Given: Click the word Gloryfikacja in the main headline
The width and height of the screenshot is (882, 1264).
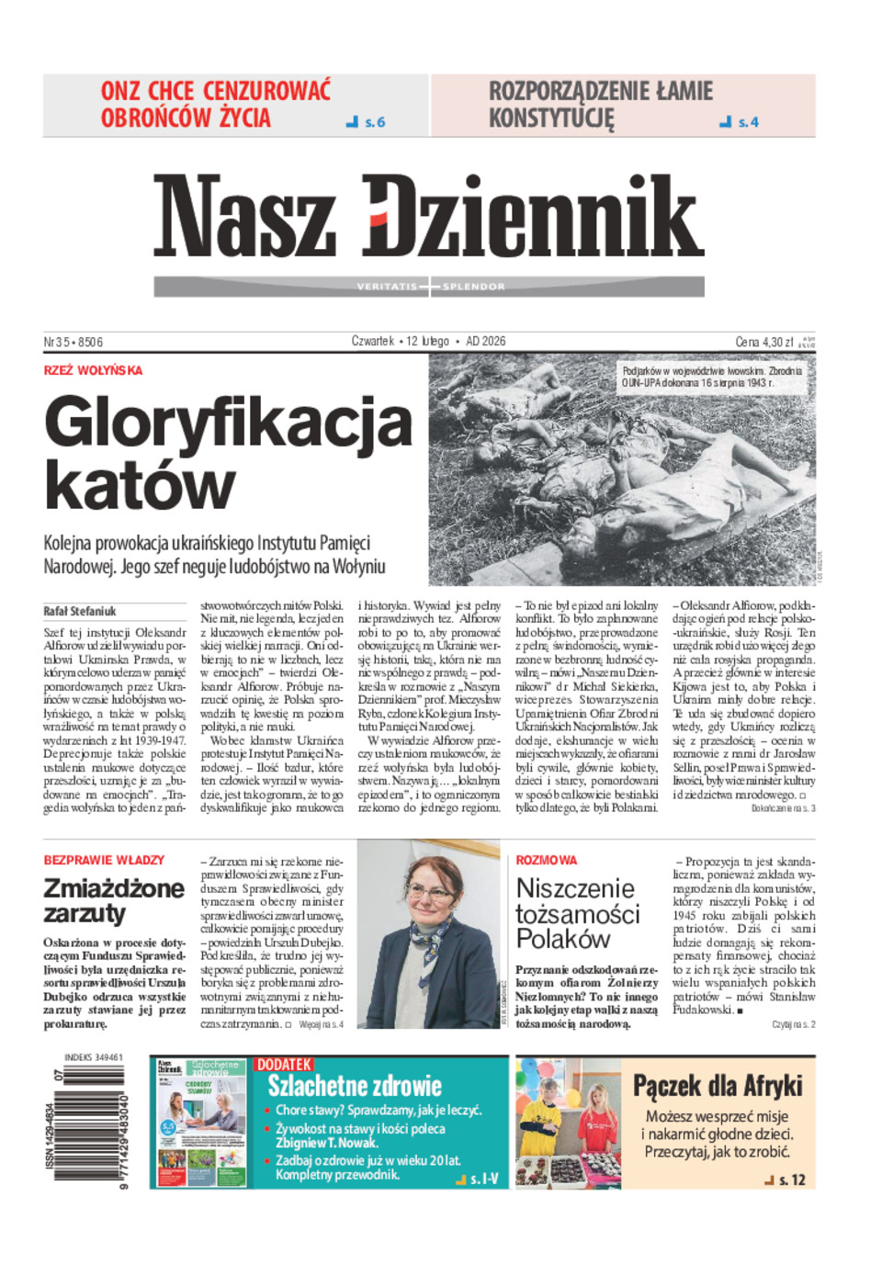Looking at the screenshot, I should pyautogui.click(x=228, y=423).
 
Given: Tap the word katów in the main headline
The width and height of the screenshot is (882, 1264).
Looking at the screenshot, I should pyautogui.click(x=140, y=485).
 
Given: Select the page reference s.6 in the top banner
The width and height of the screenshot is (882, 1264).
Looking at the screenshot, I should pyautogui.click(x=374, y=121).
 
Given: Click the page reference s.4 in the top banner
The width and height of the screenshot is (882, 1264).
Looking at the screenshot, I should pyautogui.click(x=748, y=121).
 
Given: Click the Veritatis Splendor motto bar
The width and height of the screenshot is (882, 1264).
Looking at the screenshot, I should pyautogui.click(x=429, y=287).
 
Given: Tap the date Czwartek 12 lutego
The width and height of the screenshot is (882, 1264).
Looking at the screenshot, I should pyautogui.click(x=401, y=341).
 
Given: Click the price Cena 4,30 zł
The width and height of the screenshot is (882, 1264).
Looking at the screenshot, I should pyautogui.click(x=763, y=342).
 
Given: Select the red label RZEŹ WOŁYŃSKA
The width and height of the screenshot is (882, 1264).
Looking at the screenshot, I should pyautogui.click(x=93, y=370).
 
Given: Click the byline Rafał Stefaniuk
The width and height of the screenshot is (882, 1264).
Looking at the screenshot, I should pyautogui.click(x=80, y=611).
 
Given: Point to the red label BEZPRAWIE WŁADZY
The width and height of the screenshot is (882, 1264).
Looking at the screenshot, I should pyautogui.click(x=104, y=860).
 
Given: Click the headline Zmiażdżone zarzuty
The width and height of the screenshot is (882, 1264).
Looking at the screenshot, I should pyautogui.click(x=113, y=900).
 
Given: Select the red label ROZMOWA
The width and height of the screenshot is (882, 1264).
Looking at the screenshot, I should pyautogui.click(x=547, y=860).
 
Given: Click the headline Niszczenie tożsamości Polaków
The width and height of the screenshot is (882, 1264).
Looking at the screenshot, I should pyautogui.click(x=577, y=913).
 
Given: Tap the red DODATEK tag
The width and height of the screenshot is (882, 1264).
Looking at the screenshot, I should pyautogui.click(x=284, y=1064).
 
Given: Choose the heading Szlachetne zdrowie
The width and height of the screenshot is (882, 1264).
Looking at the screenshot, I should pyautogui.click(x=355, y=1087).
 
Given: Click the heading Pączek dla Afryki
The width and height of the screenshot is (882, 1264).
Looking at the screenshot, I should pyautogui.click(x=718, y=1086).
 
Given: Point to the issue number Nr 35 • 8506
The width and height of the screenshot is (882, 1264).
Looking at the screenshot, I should pyautogui.click(x=73, y=342).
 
